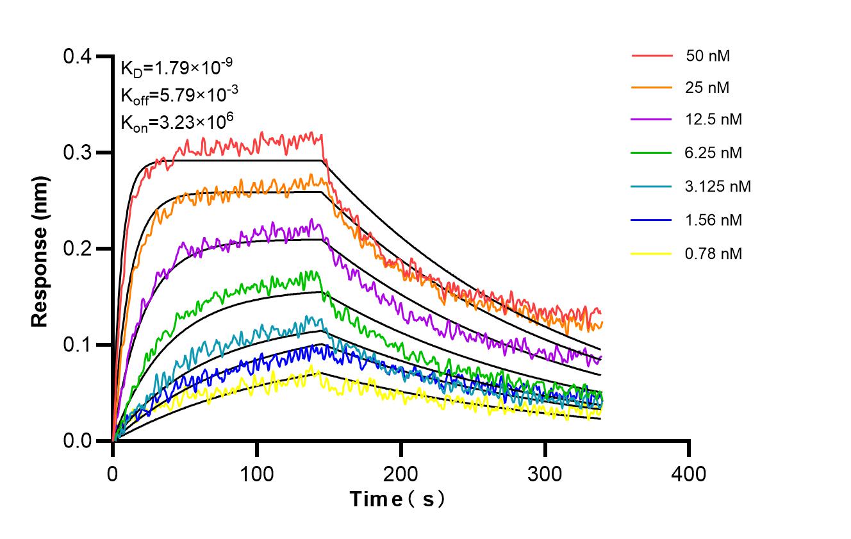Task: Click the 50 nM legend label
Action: pos(707,56)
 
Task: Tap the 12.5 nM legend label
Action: pos(713,120)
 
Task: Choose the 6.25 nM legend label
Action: pos(713,153)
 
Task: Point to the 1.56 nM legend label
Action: pos(713,220)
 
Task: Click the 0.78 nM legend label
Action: pos(713,254)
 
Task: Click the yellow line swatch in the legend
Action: pos(652,254)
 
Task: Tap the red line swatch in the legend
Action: pos(652,56)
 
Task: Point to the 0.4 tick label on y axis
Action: pos(77,57)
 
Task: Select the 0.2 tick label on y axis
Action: pos(77,249)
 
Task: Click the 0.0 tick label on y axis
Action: pos(77,441)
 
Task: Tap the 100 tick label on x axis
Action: pos(256,474)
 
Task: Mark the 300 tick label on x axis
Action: pos(545,474)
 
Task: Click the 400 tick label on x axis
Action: pos(689,474)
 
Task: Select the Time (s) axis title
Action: pos(397,499)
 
